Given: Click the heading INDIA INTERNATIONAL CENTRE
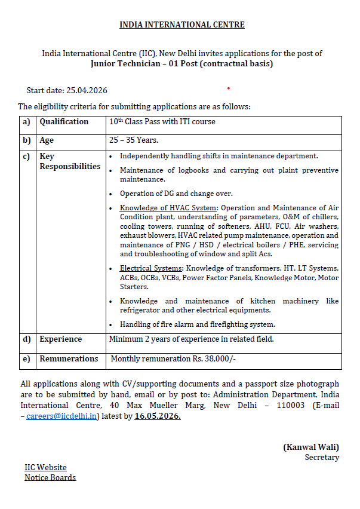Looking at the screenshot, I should pyautogui.click(x=181, y=24).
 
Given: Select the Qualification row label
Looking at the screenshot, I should pyautogui.click(x=64, y=122).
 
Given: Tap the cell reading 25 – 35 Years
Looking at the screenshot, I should pyautogui.click(x=133, y=140).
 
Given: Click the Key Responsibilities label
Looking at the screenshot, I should pyautogui.click(x=70, y=161).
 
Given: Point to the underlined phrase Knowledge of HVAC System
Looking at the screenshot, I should pyautogui.click(x=168, y=208).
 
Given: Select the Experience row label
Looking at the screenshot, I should pyautogui.click(x=61, y=339).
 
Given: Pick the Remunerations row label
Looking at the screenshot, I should pyautogui.click(x=69, y=359).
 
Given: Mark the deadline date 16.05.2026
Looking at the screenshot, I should pyautogui.click(x=158, y=416).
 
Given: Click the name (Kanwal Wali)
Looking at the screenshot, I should pyautogui.click(x=310, y=447).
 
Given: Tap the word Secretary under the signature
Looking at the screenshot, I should pyautogui.click(x=322, y=458).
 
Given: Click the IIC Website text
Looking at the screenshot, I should pyautogui.click(x=45, y=467).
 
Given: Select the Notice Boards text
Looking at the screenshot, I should pyautogui.click(x=50, y=477).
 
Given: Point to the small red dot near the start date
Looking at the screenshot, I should pyautogui.click(x=228, y=88).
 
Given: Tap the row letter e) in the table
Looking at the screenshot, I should pyautogui.click(x=26, y=359).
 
